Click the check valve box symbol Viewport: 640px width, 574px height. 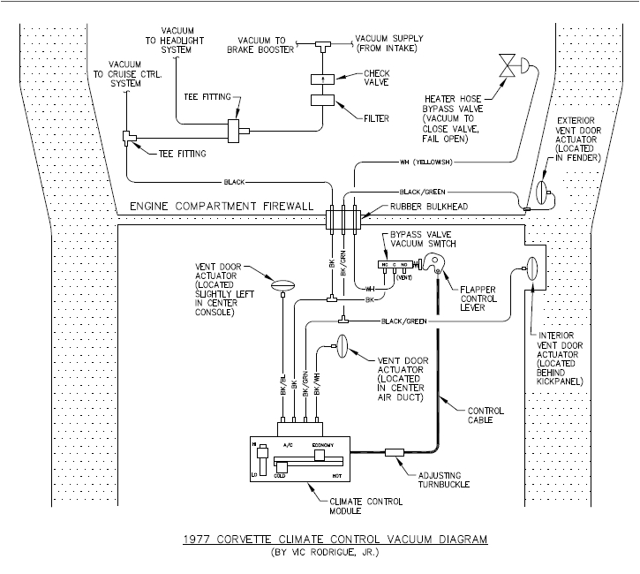click(x=324, y=79)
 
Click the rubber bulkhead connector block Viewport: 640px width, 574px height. click(x=340, y=218)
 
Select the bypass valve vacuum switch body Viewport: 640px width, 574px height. click(x=392, y=263)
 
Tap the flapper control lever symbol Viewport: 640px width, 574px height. click(x=433, y=261)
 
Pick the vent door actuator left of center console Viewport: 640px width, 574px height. click(x=282, y=284)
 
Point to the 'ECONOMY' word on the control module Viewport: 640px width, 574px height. click(x=323, y=445)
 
